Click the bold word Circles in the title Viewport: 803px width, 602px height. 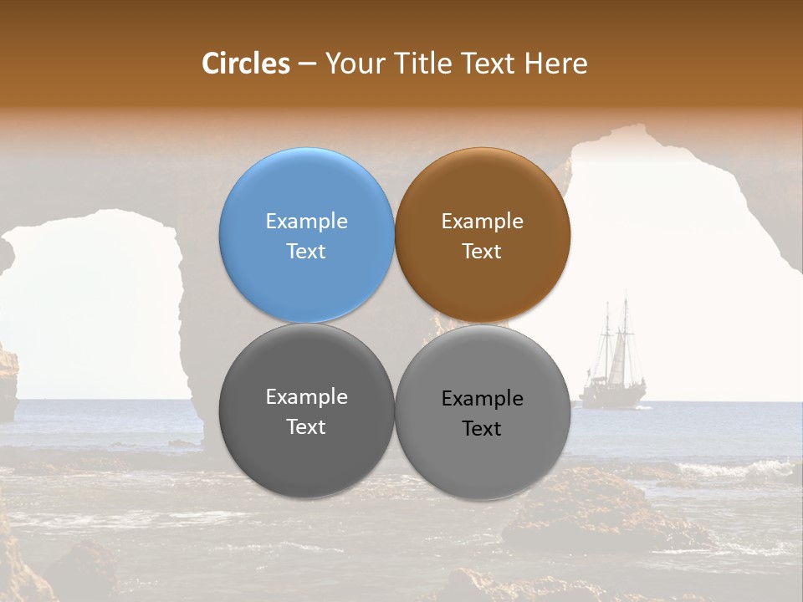point(246,64)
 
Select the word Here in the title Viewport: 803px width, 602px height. point(556,64)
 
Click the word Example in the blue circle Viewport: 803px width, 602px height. point(306,221)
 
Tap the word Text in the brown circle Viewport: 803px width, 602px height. point(482,251)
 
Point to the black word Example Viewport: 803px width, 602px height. point(482,398)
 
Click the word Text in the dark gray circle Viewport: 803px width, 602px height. point(306,426)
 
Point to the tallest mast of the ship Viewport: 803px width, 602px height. point(624,334)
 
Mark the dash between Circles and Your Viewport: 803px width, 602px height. point(306,64)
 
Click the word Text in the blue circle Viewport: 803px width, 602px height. point(306,251)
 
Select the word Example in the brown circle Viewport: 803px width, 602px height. point(482,221)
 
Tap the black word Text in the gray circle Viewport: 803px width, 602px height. point(482,428)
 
